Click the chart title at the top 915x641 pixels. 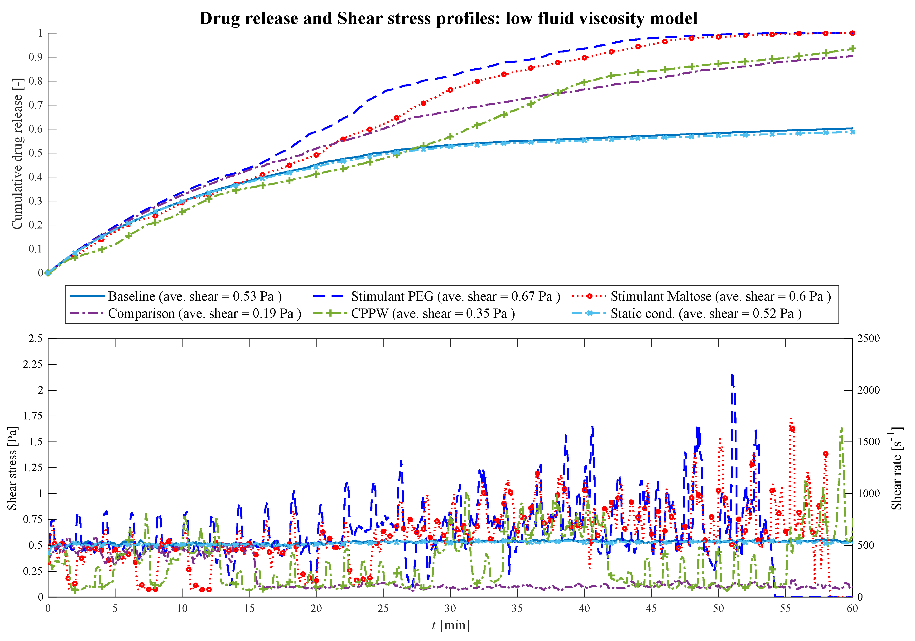pyautogui.click(x=448, y=18)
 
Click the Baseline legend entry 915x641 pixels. pyautogui.click(x=194, y=297)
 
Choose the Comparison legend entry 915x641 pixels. pyautogui.click(x=204, y=314)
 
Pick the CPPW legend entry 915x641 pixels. pyautogui.click(x=432, y=314)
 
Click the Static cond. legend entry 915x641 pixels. pyautogui.click(x=705, y=314)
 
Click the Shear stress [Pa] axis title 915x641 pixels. pyautogui.click(x=12, y=468)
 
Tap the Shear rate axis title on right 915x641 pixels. pyautogui.click(x=897, y=468)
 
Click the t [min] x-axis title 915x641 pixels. pyautogui.click(x=451, y=626)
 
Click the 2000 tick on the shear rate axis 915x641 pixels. pyautogui.click(x=868, y=390)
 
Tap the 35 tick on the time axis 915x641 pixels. pyautogui.click(x=517, y=609)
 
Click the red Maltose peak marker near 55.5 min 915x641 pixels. pyautogui.click(x=792, y=429)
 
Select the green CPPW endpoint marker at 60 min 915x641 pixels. pyautogui.click(x=852, y=49)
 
